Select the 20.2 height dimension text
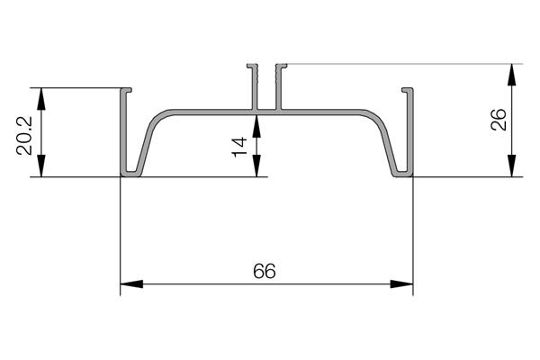26,134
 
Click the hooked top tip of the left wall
128,90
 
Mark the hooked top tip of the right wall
406,90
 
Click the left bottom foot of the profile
131,173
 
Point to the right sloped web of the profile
388,139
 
